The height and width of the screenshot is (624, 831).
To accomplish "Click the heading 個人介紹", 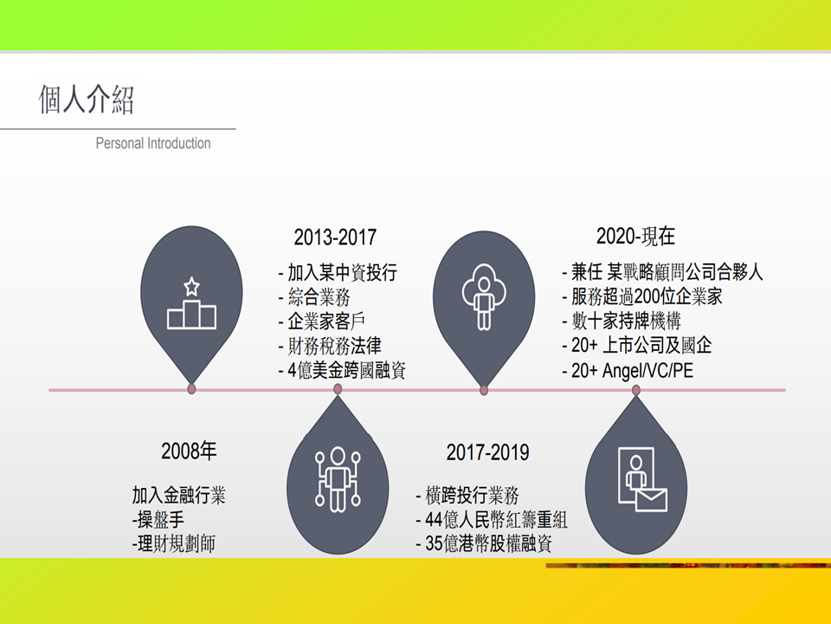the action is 87,99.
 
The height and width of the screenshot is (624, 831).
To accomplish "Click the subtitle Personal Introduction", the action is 153,143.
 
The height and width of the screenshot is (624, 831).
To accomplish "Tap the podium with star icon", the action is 191,303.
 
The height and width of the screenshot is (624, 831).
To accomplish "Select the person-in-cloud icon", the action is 483,296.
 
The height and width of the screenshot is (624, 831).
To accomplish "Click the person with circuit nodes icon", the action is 338,479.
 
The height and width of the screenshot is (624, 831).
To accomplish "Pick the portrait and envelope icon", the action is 642,479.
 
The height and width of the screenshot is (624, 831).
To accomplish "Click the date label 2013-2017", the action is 335,237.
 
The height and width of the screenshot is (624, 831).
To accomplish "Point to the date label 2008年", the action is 189,451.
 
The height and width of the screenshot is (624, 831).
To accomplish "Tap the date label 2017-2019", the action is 487,452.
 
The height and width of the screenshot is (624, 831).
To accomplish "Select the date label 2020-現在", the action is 635,236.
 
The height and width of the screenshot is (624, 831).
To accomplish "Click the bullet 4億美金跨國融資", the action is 342,370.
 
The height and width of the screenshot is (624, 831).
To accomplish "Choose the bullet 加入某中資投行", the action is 338,273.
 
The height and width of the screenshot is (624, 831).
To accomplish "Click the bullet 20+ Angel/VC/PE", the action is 628,370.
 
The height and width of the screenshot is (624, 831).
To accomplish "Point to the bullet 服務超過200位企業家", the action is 642,296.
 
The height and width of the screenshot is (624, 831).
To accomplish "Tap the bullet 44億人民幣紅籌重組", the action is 492,519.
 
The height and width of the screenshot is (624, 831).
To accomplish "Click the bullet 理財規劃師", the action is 174,544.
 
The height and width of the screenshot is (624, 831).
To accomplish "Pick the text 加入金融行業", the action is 178,495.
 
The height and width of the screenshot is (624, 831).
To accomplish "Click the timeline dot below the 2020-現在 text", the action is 636,390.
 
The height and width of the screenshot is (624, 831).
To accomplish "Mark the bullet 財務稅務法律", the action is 330,346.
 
